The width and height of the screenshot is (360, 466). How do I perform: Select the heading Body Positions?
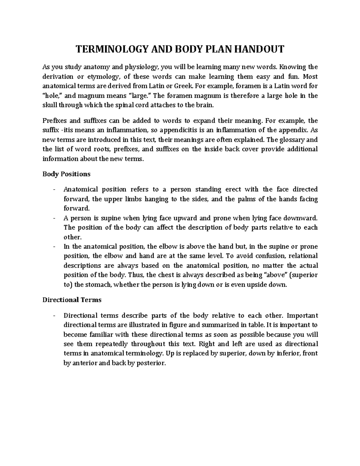66,174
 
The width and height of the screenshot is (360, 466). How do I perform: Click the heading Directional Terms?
72,300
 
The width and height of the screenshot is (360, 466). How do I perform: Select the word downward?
300,218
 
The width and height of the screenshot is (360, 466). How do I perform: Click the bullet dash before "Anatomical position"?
53,190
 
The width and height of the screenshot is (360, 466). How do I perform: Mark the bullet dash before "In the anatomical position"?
53,247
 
